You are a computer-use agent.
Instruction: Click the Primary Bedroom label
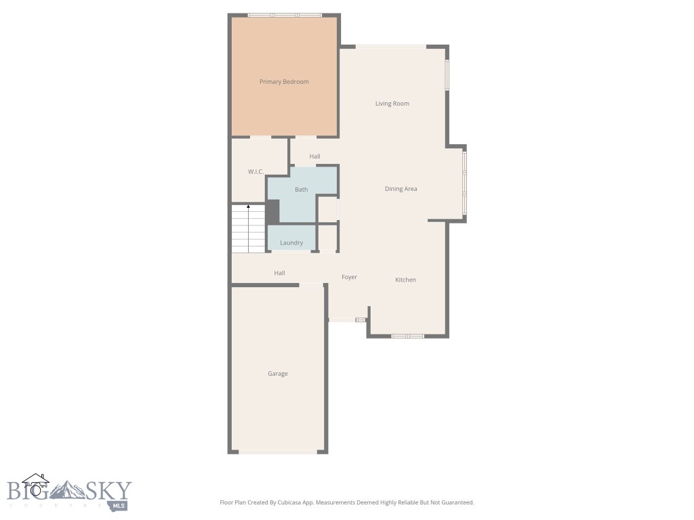click(284, 82)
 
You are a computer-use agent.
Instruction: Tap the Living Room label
click(392, 104)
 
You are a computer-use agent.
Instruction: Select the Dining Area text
click(401, 189)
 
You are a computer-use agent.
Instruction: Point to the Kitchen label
click(405, 280)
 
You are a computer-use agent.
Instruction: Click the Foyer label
click(349, 277)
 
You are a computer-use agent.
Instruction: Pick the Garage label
click(277, 374)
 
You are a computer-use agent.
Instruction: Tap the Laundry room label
click(291, 243)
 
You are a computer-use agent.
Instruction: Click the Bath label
click(301, 190)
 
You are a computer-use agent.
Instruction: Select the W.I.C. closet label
click(256, 172)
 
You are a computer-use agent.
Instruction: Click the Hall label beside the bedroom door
click(314, 156)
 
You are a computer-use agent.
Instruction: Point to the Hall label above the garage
click(279, 273)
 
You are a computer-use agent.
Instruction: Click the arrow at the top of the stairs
click(249, 206)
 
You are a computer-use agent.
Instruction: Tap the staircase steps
click(248, 230)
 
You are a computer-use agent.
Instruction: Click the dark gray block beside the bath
click(272, 211)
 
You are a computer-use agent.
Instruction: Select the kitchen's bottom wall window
click(407, 336)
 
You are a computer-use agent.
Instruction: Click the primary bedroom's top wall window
click(284, 15)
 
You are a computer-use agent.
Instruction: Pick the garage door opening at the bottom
click(277, 452)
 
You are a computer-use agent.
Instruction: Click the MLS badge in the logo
click(120, 505)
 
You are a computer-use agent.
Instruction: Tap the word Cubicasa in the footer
click(293, 502)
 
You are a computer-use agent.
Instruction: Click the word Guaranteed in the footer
click(455, 502)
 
